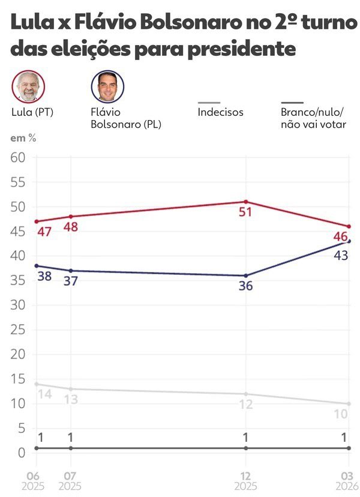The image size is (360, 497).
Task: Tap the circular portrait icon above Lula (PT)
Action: click(x=28, y=86)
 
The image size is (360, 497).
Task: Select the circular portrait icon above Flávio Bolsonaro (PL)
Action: click(x=107, y=86)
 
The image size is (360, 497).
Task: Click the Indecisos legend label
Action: click(x=220, y=112)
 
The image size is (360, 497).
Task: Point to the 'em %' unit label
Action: click(x=22, y=138)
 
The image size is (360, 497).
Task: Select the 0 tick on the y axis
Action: click(x=22, y=453)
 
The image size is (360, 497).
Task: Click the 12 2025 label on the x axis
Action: click(x=245, y=479)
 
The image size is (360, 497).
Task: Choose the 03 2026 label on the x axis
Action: click(x=349, y=479)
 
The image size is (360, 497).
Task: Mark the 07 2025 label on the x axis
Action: click(x=71, y=479)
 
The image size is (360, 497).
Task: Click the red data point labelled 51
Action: click(x=246, y=202)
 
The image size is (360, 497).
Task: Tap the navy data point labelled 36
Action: click(x=246, y=276)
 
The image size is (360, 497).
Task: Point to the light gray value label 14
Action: click(x=45, y=394)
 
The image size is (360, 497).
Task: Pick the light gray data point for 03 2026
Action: click(x=349, y=403)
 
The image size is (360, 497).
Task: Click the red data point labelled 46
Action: click(x=349, y=226)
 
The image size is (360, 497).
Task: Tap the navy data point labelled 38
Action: click(x=36, y=265)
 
